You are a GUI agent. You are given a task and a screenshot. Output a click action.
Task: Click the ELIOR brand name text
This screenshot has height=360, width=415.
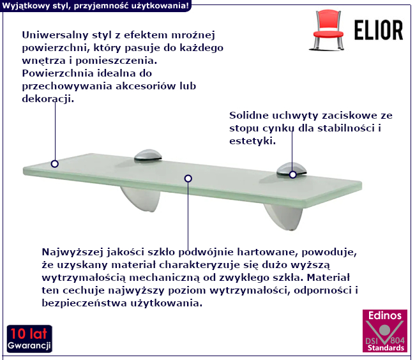point(379,31)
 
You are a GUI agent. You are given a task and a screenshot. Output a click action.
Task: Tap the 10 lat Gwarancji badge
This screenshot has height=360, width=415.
point(29,339)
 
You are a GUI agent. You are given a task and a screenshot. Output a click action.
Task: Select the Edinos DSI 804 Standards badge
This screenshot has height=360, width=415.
point(385,331)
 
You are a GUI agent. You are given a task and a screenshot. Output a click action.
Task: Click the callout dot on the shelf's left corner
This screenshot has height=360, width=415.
point(55,164)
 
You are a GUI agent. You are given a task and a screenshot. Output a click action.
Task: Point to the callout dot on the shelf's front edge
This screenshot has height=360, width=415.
point(188,179)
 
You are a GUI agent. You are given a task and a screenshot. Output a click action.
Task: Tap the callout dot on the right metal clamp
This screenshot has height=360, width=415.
point(292,175)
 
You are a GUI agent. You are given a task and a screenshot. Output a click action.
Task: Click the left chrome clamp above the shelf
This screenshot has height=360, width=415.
point(147,156)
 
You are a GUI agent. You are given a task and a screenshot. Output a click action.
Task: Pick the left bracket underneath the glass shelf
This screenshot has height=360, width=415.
point(141,199)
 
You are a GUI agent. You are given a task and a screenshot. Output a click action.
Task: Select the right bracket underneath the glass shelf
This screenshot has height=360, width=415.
point(283,216)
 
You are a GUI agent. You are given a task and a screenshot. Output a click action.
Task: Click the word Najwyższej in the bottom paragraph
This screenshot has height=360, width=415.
point(72,252)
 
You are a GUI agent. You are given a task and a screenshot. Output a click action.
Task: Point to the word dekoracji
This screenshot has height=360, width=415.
point(48,99)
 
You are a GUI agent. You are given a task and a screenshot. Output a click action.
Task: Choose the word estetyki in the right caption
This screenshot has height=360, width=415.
point(252,140)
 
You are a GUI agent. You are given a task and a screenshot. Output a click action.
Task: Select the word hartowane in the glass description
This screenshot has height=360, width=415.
point(268,252)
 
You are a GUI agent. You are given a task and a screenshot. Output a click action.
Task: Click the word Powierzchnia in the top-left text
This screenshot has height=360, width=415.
point(57,73)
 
